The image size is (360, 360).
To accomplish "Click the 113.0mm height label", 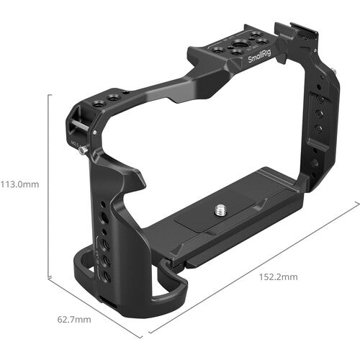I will click(19, 184).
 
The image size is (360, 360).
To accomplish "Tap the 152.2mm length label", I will click(276, 276).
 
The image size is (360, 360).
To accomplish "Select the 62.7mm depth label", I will click(73, 319).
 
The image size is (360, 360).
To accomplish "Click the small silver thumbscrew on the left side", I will click(85, 149).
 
